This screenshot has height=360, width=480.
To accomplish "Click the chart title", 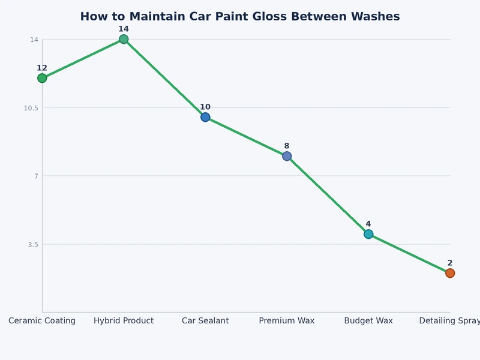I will point(240,17).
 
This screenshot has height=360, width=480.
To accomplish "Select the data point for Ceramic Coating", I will point(42,78).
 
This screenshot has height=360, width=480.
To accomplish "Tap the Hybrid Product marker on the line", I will point(124,39).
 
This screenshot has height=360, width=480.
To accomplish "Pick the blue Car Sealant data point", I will point(205,117).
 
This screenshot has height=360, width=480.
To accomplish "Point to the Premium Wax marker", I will point(287,156).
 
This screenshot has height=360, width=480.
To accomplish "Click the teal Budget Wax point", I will point(368,234).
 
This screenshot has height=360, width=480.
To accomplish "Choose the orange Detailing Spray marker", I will point(450,273).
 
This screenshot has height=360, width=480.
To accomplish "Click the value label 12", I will point(42,68).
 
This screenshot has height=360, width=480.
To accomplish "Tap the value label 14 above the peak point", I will point(124,29).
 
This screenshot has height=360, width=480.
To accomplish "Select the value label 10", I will point(205,107).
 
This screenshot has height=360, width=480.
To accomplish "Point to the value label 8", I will point(287,146).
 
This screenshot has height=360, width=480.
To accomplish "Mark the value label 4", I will point(368,224).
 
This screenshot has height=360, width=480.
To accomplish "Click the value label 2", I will point(450,263).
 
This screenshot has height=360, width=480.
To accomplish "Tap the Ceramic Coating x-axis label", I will point(42,320).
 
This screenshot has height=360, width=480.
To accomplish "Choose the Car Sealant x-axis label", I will point(205,320).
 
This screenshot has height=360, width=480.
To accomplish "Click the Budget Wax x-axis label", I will point(368,320).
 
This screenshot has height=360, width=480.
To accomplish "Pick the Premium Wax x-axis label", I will point(287,320).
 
